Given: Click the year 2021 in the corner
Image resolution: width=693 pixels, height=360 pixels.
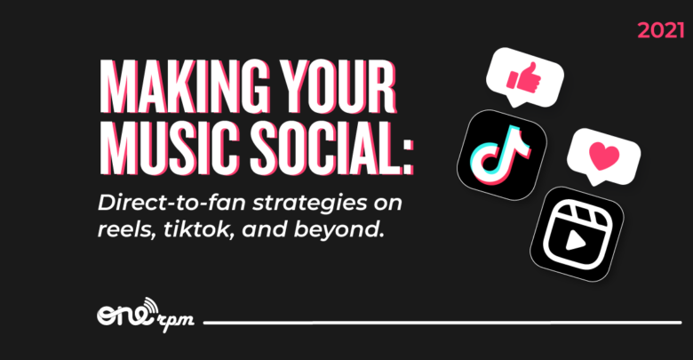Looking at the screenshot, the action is pos(661,30).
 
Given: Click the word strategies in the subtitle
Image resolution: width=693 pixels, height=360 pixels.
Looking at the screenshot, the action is pos(308,204).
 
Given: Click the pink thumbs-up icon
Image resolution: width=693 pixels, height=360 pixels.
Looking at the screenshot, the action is pos(524,77).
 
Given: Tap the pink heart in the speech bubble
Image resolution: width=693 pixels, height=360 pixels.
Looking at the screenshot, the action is pos(604,156).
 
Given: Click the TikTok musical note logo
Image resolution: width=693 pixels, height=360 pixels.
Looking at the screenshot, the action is pos(501,149).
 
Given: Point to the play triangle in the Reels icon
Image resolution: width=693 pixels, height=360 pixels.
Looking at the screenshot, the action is pos(574,242).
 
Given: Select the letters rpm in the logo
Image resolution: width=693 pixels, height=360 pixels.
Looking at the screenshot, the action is pos(175,321).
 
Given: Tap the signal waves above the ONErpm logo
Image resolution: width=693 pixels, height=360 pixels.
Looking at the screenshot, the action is pos(150,304).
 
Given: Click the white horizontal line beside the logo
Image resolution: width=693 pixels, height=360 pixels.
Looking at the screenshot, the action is pos(442,323).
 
